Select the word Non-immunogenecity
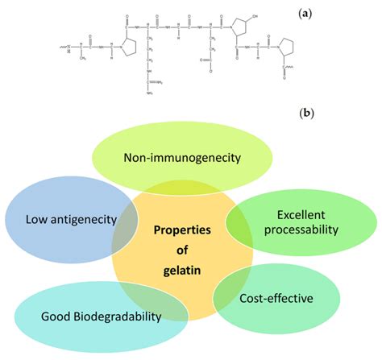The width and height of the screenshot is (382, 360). pos(182,157)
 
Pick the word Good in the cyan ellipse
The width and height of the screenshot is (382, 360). pos(56,316)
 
